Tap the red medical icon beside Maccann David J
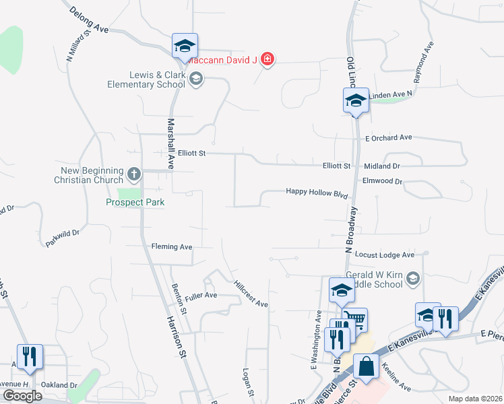(x=267, y=59)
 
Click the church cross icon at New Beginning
(x=133, y=175)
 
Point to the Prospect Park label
(x=135, y=201)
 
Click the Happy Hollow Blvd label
(x=317, y=192)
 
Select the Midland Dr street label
(x=381, y=166)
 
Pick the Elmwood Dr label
(x=382, y=181)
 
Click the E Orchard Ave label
(x=388, y=137)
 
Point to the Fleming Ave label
(x=172, y=247)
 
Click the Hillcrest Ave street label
(x=251, y=294)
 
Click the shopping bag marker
(x=365, y=367)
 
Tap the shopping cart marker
(x=354, y=318)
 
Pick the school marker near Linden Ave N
(x=356, y=101)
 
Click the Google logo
(x=22, y=395)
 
